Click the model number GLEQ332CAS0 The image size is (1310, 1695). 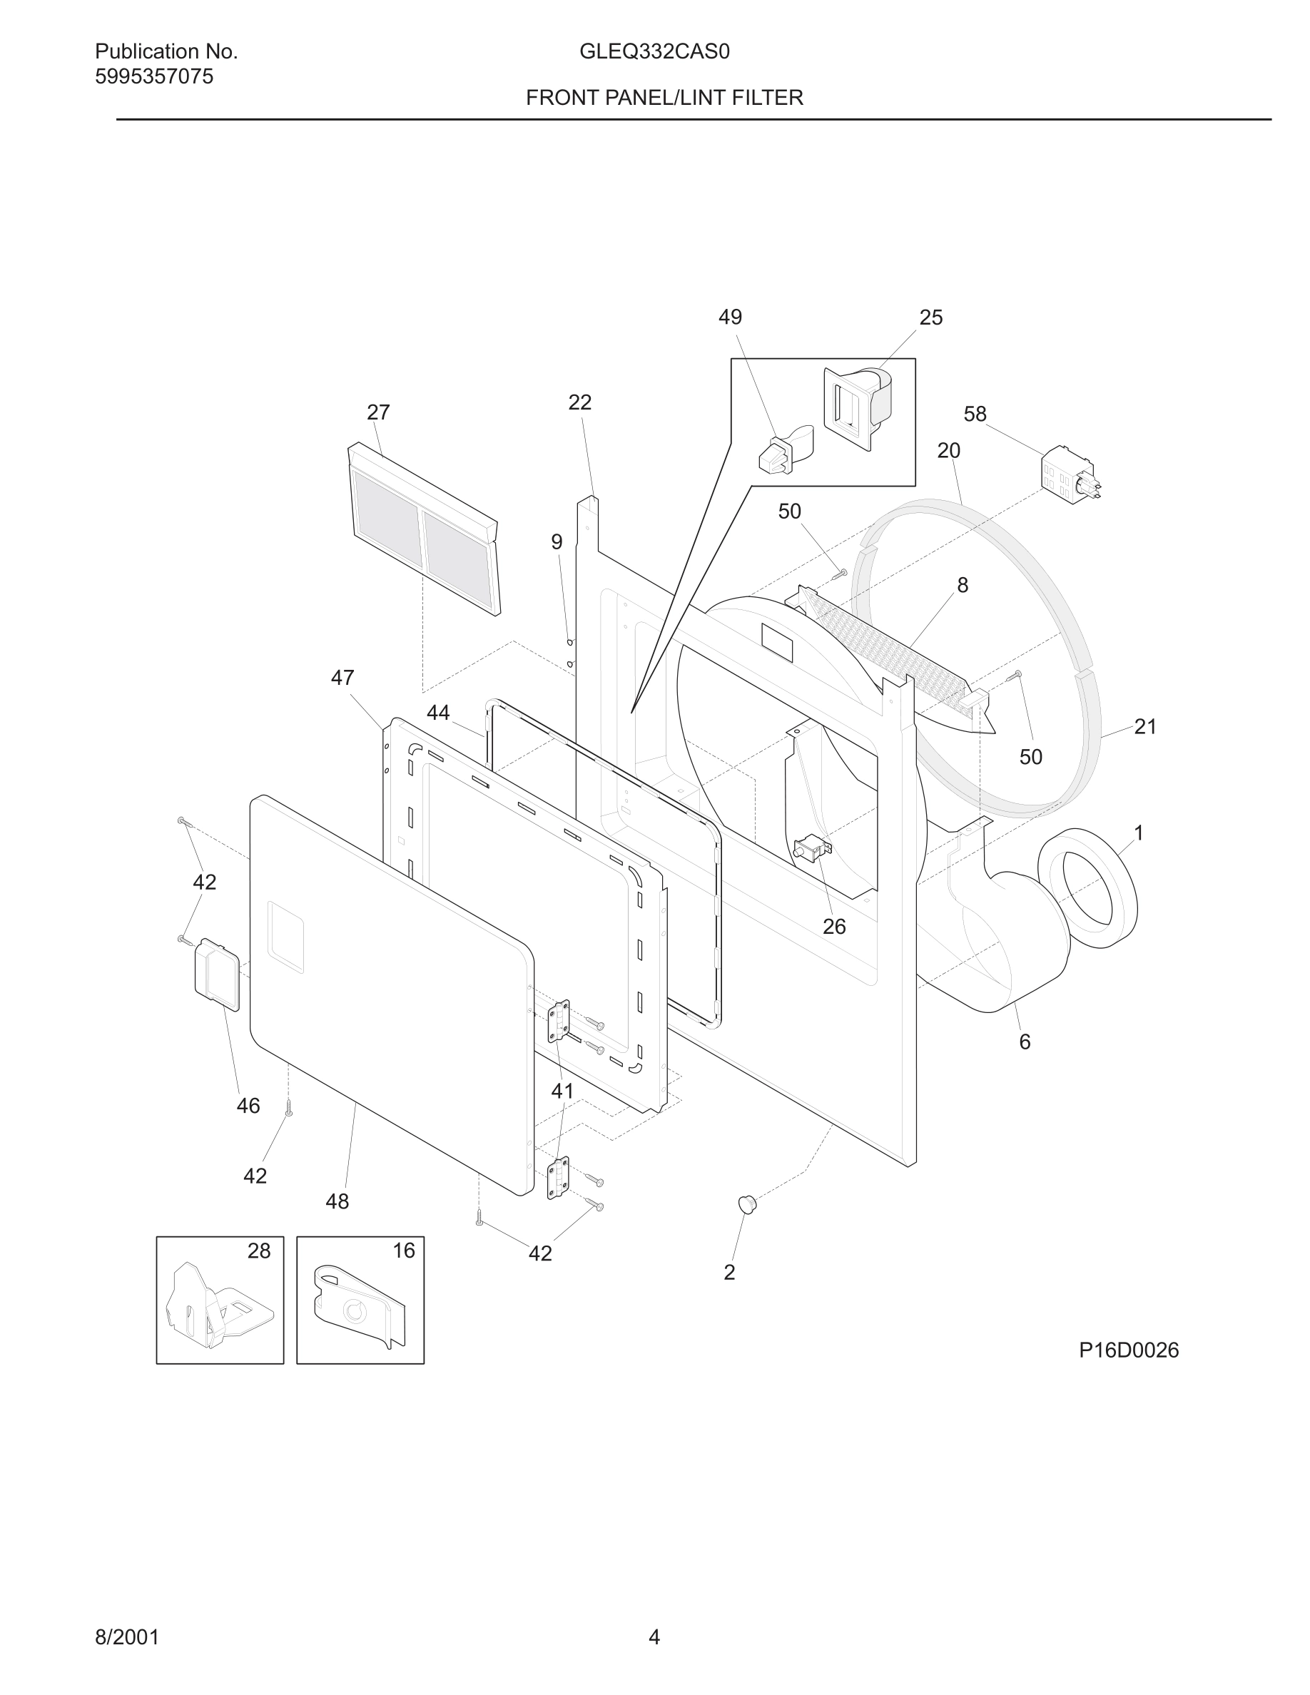click(x=654, y=52)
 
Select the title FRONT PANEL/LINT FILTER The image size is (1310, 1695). click(x=664, y=98)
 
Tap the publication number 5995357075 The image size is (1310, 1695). click(x=153, y=77)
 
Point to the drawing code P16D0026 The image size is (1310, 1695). click(x=1128, y=1350)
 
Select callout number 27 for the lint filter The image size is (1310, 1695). click(x=378, y=412)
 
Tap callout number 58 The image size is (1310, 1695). click(x=975, y=414)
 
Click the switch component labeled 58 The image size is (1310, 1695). click(x=1067, y=474)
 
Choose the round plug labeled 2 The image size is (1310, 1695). click(x=746, y=1203)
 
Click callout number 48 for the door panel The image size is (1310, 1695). click(x=337, y=1201)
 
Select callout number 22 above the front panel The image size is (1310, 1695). click(x=579, y=402)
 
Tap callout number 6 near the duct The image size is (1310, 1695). click(x=1025, y=1042)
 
